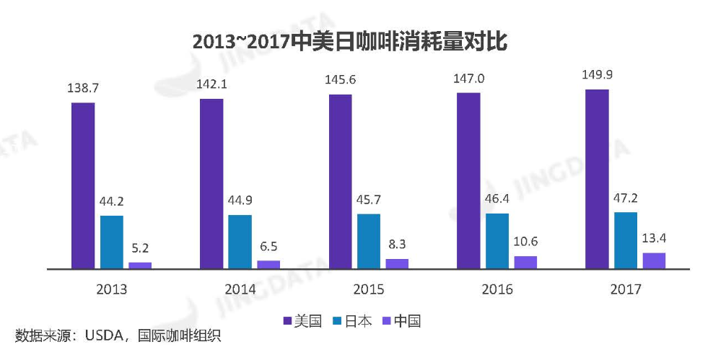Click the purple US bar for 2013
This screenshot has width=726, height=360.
coord(83,185)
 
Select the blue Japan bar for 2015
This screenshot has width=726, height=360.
coord(369,241)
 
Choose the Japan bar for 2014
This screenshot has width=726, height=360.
coord(240,242)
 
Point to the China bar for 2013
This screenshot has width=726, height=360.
coord(140,265)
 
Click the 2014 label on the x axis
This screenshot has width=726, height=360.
coord(240,290)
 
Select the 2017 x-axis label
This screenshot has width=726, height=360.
coord(625,290)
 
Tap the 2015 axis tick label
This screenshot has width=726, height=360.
coord(369,290)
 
